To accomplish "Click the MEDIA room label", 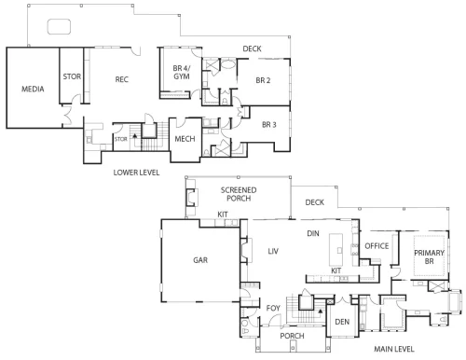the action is point(33,90).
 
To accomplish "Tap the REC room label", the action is point(122,79).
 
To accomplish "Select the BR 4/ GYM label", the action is point(182,72).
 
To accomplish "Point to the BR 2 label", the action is point(263,80).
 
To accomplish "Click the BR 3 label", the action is point(269,125).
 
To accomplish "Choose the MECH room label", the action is point(185,139).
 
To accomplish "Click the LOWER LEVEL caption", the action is point(136,173).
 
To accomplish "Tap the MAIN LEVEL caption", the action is point(394,349).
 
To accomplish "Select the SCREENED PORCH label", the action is point(239,194).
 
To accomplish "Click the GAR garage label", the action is point(200,260).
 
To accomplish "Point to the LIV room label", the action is point(273,251).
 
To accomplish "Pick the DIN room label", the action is point(313,233).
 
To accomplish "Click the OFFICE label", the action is point(377,246).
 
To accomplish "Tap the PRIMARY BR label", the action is point(429,256).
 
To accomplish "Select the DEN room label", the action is point(342,322).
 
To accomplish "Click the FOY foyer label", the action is point(273,308).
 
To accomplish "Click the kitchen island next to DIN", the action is point(336,250).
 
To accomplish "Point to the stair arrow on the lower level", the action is point(135,136).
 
